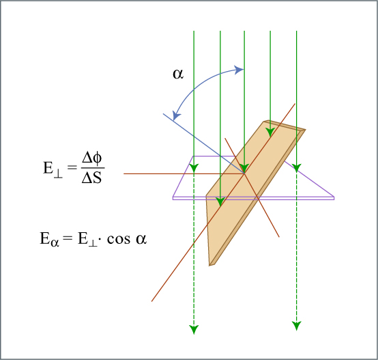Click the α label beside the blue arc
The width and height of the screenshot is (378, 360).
178,74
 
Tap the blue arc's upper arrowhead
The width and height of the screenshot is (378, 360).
239,70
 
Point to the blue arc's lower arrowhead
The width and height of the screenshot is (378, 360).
176,115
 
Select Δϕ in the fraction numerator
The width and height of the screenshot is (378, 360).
92,158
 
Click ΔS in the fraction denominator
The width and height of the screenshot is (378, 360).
91,178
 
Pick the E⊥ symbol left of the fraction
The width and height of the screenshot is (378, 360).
53,168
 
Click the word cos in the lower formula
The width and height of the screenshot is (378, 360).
119,239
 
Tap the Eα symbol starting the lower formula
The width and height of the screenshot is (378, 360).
49,239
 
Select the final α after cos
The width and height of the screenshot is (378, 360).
141,239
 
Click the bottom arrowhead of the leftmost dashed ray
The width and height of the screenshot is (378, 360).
194,329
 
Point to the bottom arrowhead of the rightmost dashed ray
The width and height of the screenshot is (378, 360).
297,326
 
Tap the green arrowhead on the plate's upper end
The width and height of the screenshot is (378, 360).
270,132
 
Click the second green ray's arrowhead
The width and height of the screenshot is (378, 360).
220,202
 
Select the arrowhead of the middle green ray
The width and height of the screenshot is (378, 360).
244,168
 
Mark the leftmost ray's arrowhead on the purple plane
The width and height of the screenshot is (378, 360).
194,167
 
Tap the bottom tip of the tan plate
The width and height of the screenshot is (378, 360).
209,266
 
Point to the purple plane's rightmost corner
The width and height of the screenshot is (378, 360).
334,197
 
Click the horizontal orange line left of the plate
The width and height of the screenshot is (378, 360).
184,174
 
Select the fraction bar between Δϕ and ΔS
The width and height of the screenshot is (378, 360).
93,168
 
